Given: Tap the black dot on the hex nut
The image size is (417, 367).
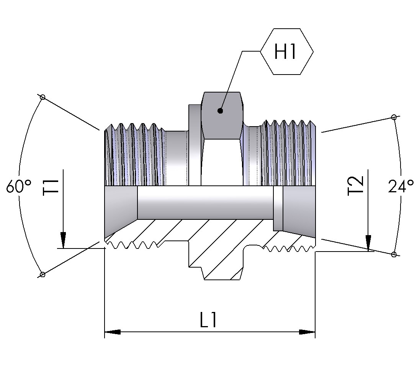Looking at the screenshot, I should coord(220,111).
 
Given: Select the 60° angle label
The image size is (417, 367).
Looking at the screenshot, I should coord(19,187).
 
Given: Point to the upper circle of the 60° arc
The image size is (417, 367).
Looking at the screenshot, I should coord(43,97).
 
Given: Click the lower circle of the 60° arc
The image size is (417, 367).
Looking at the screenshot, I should coord(43,274).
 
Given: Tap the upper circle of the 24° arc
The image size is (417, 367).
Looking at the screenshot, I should coord(393,117).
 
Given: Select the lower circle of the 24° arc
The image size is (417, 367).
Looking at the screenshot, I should coord(393,254).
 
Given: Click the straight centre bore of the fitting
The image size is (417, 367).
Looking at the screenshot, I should coord(205,203).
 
